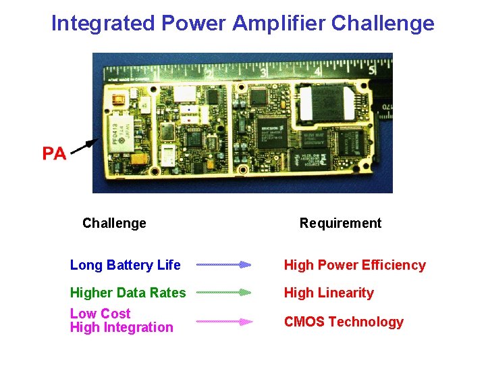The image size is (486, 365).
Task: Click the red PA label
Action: coord(54,153)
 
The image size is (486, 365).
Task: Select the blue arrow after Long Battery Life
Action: coord(223,265)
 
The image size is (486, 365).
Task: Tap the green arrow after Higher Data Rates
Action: coord(223,293)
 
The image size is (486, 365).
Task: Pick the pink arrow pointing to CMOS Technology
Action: coord(223,322)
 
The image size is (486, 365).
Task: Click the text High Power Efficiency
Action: coord(354,265)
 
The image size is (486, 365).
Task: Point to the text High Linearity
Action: coord(329,293)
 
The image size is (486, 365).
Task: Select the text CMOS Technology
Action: coord(344,322)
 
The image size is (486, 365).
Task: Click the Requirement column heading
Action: coord(340,223)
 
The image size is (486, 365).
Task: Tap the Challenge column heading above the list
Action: coord(114,223)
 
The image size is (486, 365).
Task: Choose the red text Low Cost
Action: coord(101,314)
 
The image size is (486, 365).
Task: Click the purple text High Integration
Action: coord(122,328)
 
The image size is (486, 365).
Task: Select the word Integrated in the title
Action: coord(103,24)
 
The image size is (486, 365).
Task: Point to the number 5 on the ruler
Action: coord(371,69)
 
